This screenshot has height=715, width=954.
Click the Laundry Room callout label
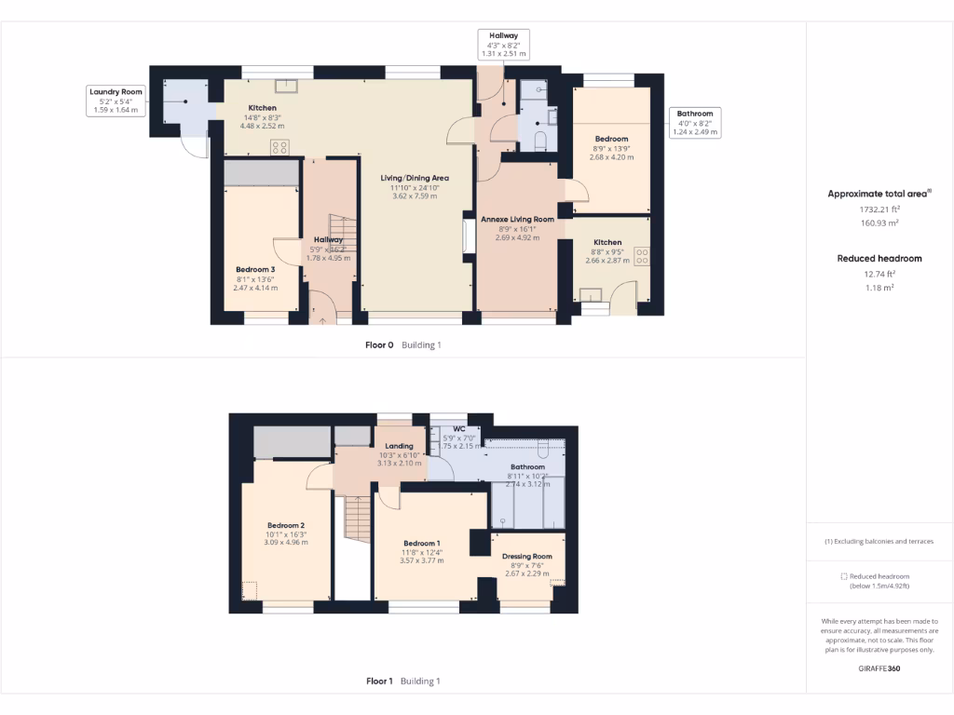coord(116,101)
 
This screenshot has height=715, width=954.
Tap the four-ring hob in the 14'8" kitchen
coord(279,146)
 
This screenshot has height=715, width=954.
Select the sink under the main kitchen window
coord(290,87)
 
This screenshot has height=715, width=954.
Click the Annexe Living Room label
coord(517,220)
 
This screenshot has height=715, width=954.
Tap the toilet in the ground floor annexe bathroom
coord(539,140)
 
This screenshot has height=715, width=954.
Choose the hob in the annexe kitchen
coord(642,255)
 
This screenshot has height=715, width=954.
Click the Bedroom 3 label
coord(254,270)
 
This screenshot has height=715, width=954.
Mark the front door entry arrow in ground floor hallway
coord(323,319)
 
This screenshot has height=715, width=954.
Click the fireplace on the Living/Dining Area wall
coord(468,236)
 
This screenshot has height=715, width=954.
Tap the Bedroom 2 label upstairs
coord(284,525)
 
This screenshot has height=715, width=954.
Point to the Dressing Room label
coord(527,557)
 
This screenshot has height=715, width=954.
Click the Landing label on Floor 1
coord(399,446)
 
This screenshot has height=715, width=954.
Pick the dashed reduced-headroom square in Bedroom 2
coord(249,590)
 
